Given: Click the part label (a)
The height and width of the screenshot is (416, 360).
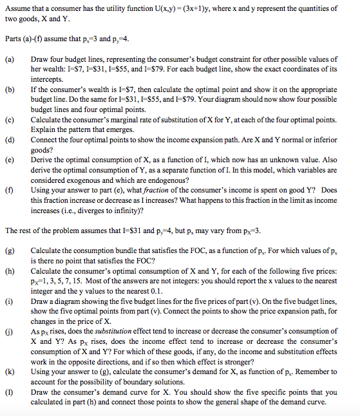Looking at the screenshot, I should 9,59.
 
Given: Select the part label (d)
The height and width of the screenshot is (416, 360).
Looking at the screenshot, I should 9,139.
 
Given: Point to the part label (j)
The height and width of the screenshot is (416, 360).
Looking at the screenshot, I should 9,331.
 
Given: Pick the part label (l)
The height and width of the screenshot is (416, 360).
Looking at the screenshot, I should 9,392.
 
